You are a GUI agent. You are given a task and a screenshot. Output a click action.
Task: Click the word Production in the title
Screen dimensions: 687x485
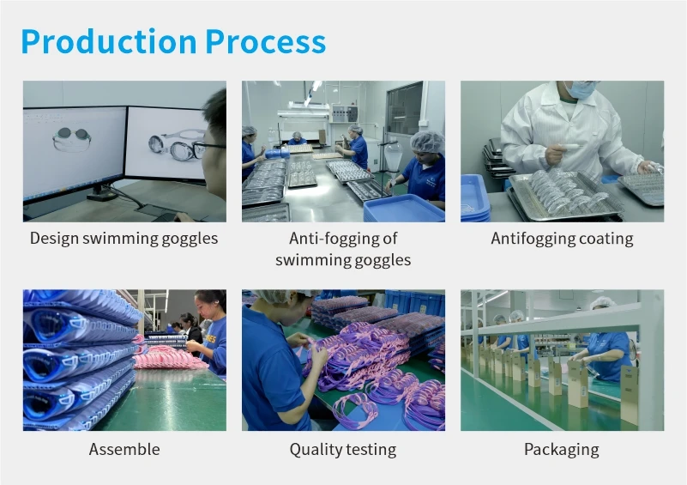109,42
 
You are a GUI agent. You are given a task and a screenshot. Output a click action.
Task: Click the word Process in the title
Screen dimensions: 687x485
266,42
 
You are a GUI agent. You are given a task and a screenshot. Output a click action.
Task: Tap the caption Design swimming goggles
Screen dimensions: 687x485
124,239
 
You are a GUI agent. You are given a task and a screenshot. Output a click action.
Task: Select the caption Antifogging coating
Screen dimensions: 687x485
562,239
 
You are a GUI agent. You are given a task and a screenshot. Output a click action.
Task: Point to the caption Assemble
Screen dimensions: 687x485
124,449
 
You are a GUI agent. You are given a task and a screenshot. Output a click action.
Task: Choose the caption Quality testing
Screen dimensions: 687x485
343,450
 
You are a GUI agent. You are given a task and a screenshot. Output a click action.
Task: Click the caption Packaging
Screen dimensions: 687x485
562,450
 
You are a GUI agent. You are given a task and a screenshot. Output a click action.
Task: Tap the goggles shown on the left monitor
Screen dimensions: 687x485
71,138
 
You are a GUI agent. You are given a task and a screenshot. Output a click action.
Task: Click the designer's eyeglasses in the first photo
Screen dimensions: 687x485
206,148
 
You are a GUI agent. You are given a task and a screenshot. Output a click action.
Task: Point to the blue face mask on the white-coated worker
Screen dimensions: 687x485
580,89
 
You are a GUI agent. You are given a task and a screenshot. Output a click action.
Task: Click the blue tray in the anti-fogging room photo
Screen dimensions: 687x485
403,208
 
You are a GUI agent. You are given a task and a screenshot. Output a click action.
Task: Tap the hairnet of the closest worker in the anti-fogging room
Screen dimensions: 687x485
427,142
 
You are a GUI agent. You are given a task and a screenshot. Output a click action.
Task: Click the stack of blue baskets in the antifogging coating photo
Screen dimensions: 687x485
475,198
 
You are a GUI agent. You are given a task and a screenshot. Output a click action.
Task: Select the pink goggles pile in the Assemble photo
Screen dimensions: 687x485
168,357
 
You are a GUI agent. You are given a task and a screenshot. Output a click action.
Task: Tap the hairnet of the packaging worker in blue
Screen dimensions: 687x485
602,303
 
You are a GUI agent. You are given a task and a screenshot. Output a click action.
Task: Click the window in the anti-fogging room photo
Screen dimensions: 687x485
404,108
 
